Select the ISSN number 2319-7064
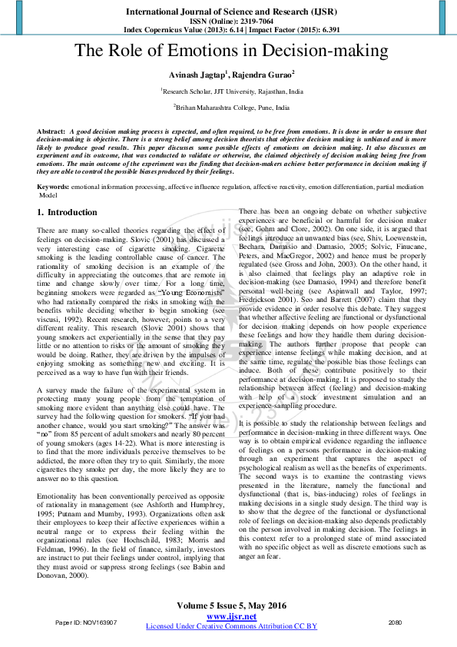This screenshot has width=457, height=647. tap(243, 21)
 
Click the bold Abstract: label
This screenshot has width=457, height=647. tap(51, 132)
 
